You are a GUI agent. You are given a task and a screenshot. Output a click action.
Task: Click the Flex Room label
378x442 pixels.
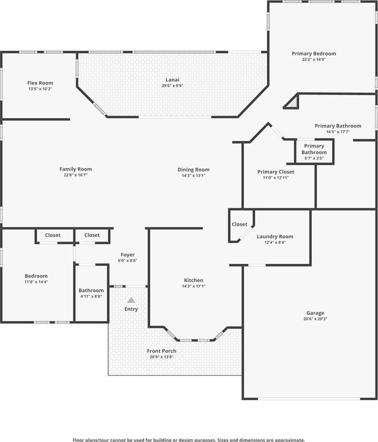pos(40,83)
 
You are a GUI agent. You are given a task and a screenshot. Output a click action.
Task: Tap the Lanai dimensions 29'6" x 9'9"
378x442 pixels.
pos(172,86)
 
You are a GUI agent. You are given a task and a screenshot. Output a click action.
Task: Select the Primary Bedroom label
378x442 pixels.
pos(314,53)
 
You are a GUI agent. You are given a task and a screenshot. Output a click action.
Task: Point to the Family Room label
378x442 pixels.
pos(75,169)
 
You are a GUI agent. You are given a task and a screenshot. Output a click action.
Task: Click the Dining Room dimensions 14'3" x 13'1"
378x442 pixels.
pos(193,175)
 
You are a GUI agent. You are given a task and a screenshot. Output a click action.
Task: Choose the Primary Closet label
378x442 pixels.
pos(276,172)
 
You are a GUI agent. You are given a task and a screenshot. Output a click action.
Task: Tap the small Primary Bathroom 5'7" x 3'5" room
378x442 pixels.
pos(314,151)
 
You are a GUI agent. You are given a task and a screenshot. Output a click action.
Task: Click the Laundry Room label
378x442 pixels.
pos(275,237)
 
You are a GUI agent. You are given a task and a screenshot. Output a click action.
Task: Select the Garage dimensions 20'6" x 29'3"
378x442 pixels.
pos(315,319)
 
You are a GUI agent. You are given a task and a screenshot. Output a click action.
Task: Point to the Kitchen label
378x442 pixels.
pos(193,280)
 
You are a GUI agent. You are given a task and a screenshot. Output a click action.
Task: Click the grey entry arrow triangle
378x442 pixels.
pos(131,300)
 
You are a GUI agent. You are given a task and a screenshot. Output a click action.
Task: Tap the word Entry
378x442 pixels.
pos(131,309)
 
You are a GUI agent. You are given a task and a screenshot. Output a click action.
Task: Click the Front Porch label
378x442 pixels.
pos(162,351)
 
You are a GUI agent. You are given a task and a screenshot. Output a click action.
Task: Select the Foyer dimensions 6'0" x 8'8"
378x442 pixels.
pos(127,261)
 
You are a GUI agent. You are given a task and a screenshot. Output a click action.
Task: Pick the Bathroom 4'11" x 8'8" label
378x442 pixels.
pos(91,293)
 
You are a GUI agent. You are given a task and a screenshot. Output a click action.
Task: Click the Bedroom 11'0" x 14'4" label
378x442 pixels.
pos(36,278)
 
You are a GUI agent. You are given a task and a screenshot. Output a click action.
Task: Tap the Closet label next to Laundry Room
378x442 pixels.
pos(239,225)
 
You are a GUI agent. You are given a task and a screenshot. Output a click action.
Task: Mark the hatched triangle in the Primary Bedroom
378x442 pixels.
pos(292,103)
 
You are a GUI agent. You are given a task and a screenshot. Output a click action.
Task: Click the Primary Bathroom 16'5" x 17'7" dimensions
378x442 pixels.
pos(338,132)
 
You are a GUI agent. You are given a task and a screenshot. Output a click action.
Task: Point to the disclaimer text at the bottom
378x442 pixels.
pos(189,440)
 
